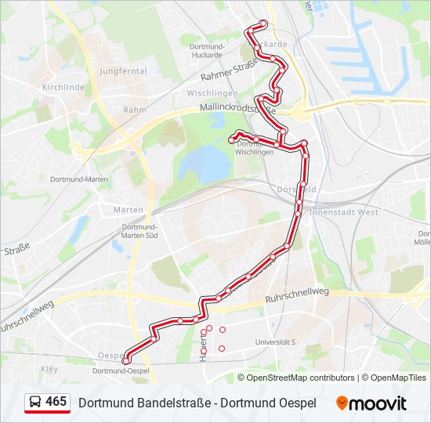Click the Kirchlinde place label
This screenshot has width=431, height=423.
63,88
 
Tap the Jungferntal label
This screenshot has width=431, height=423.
123,70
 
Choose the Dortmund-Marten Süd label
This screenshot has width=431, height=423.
141,230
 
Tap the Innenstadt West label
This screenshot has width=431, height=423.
345,211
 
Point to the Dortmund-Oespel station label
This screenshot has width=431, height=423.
121,371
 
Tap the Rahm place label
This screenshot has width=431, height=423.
135,110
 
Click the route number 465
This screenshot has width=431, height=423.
56,402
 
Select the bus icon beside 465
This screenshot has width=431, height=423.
35,403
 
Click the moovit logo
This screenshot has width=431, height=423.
371,403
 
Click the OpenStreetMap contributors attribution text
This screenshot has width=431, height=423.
301,378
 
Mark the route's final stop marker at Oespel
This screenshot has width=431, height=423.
126,360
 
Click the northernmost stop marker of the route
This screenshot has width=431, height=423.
263,23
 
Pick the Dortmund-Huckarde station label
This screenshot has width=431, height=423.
208,49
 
